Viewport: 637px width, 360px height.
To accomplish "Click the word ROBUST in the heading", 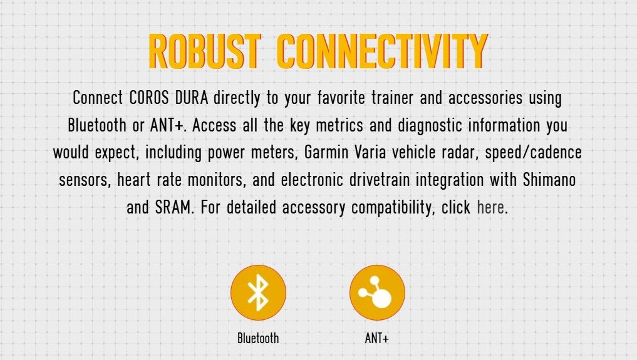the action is click(205, 51).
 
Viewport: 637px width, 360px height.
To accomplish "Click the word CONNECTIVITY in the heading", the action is click(382, 51).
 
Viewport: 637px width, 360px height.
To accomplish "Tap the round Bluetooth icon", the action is click(259, 292).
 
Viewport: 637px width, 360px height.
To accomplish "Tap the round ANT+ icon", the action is click(378, 292).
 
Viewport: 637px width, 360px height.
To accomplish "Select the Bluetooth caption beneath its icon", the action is click(259, 338).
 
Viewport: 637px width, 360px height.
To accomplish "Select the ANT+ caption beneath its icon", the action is click(377, 338).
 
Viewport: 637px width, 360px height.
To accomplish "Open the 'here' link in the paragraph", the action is click(490, 207).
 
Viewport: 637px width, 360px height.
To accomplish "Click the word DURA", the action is click(192, 98).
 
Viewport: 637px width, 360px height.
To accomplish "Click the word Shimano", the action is click(549, 180).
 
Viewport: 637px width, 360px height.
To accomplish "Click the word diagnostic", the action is click(430, 126).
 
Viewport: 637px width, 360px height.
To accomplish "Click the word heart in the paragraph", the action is click(133, 180).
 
